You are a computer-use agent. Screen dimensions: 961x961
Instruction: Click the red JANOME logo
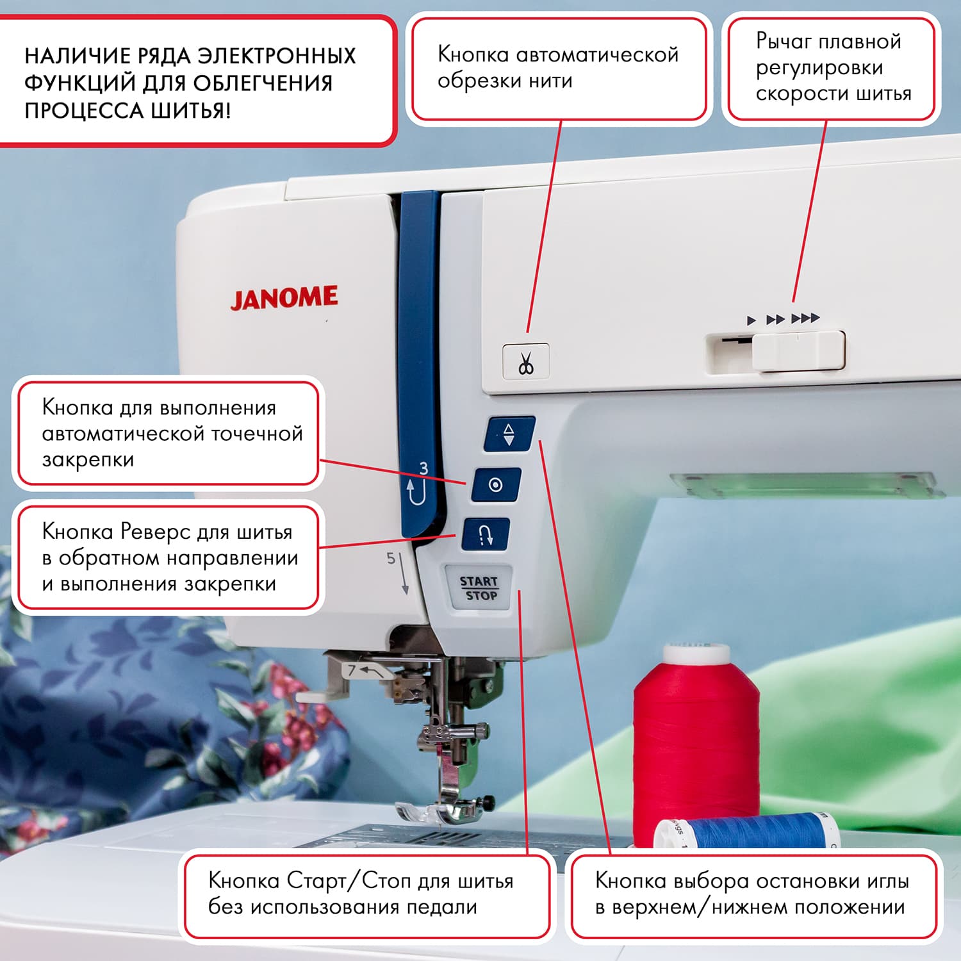(284, 298)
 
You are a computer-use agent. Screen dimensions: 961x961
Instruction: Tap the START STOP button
(479, 588)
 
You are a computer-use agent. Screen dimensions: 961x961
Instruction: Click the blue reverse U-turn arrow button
(486, 534)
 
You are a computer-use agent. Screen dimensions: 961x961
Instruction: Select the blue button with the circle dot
(496, 485)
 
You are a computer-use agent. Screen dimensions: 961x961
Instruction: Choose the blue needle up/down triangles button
(509, 434)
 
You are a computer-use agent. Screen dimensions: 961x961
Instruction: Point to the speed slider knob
(798, 350)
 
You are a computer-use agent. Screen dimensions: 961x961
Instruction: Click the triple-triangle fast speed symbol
(805, 318)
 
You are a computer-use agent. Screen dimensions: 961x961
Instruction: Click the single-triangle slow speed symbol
(752, 320)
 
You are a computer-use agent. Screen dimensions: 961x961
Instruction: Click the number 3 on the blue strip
(423, 468)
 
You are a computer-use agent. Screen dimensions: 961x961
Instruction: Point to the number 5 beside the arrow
(391, 558)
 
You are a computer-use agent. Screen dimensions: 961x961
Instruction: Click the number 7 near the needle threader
(351, 671)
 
